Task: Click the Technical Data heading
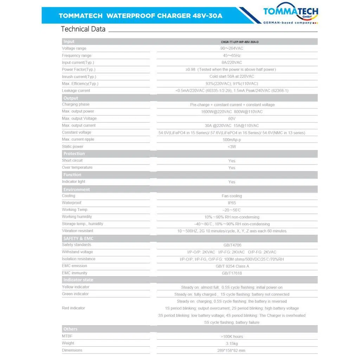tap(83, 29)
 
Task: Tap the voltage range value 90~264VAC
tap(232, 49)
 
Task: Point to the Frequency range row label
tap(77, 56)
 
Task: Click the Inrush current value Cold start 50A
tap(232, 77)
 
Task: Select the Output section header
tap(71, 98)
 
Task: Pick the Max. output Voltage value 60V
tap(232, 119)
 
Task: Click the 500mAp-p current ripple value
tap(232, 140)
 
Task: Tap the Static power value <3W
tap(232, 147)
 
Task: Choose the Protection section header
tap(74, 154)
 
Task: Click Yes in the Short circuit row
tap(232, 161)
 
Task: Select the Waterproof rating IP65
tap(232, 203)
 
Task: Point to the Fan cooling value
tap(232, 196)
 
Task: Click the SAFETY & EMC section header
tap(78, 238)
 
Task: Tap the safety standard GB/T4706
tap(232, 245)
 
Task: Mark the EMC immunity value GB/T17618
tap(232, 273)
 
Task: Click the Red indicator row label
tap(73, 308)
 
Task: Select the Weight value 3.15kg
tap(232, 343)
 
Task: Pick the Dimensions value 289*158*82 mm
tap(232, 351)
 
